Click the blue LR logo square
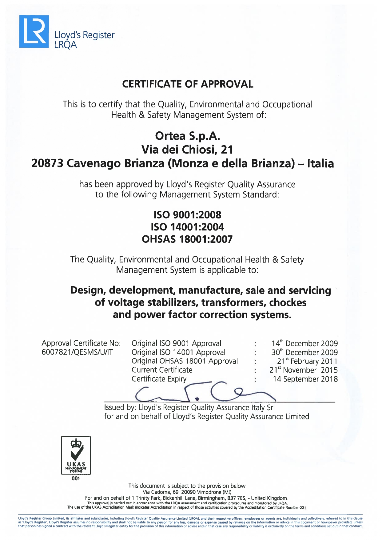tap(34, 31)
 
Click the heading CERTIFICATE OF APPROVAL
tap(188, 84)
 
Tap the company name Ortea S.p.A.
tap(187, 136)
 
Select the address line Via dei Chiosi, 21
tap(187, 150)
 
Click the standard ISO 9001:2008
tap(187, 215)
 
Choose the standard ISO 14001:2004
tap(187, 227)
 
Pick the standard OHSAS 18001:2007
tap(187, 239)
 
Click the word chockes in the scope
tap(288, 302)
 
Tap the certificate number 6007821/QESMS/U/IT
tap(77, 352)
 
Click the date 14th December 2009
tap(304, 343)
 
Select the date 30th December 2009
tap(304, 352)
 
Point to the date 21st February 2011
tap(307, 361)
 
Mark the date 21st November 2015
tap(304, 370)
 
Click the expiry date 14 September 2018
tap(305, 379)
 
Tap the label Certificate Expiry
tap(159, 379)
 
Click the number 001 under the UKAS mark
tap(76, 478)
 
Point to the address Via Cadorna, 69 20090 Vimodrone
tap(187, 492)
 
